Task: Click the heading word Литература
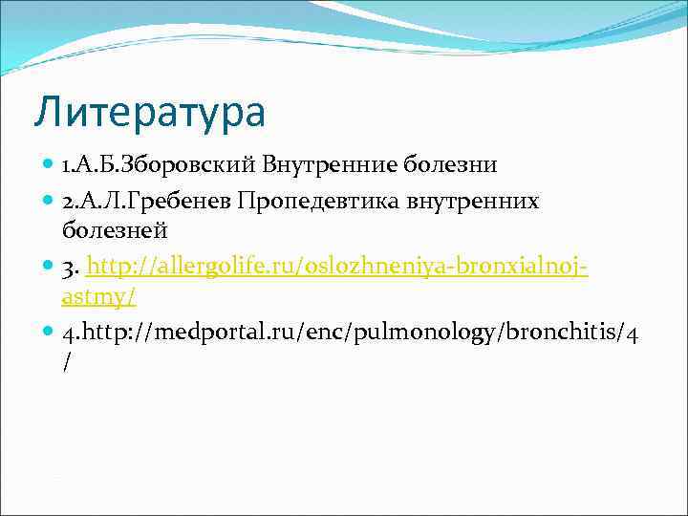click(149, 113)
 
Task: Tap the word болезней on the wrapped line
click(115, 229)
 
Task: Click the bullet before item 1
click(49, 165)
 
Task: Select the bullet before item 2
click(49, 201)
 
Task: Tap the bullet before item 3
click(49, 265)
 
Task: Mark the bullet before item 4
click(49, 331)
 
